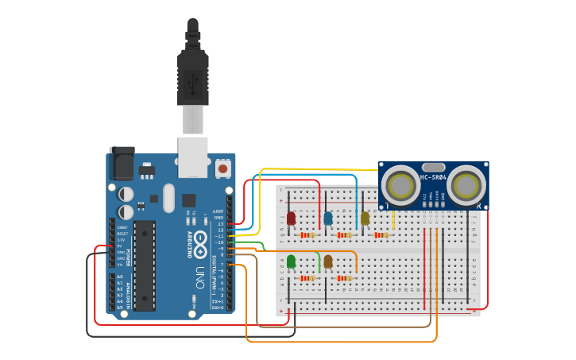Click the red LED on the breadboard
click(291, 218)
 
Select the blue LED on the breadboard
click(328, 218)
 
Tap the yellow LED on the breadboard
click(365, 218)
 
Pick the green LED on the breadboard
click(291, 261)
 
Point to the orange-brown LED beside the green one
click(328, 261)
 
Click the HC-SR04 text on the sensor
click(433, 177)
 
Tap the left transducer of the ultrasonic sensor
click(401, 187)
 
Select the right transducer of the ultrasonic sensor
click(466, 187)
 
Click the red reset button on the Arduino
click(223, 168)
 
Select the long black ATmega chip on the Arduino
click(144, 265)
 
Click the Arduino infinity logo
click(200, 239)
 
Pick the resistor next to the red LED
click(307, 234)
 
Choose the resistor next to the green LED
click(307, 277)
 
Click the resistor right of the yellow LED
click(381, 234)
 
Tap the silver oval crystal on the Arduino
click(168, 198)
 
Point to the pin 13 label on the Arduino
click(220, 225)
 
